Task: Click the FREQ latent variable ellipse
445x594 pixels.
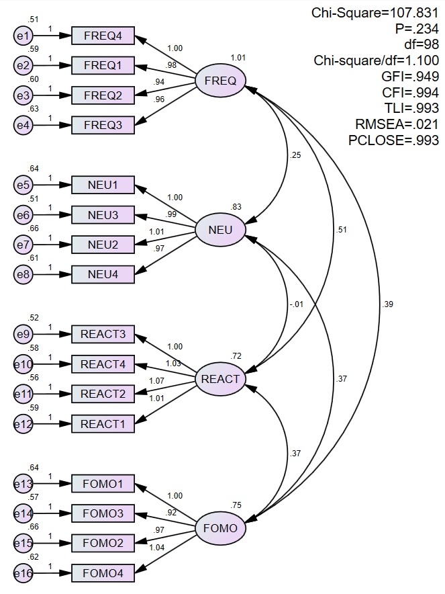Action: click(220, 81)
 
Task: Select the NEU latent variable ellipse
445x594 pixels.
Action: click(220, 230)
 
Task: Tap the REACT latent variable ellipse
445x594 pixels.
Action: click(220, 379)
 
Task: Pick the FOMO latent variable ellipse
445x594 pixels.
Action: click(220, 528)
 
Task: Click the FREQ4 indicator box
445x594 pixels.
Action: click(103, 36)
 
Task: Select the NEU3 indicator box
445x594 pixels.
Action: click(103, 216)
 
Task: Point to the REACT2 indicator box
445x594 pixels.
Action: click(103, 394)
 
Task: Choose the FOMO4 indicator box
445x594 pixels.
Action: click(103, 573)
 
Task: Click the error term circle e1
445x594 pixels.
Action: click(23, 36)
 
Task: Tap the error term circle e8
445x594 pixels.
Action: click(23, 274)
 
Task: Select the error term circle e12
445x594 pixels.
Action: click(23, 424)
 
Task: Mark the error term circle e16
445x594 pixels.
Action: click(23, 573)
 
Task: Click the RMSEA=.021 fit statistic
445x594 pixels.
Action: click(397, 124)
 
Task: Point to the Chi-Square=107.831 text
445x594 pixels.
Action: click(375, 13)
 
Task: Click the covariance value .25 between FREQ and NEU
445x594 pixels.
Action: click(295, 156)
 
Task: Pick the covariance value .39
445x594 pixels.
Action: click(387, 304)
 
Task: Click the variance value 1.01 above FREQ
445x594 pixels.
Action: click(238, 58)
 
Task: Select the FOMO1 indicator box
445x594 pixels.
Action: click(103, 484)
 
